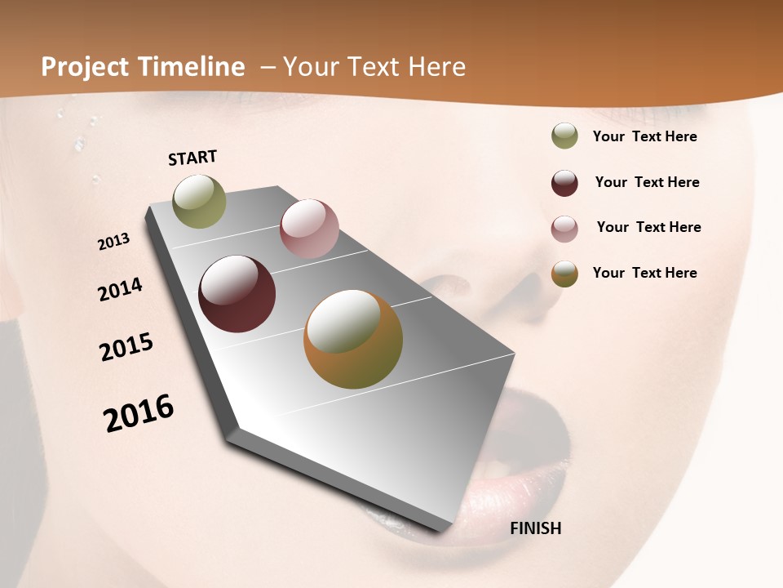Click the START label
tap(192, 158)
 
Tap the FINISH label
tap(535, 528)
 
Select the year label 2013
tap(114, 242)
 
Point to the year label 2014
tap(120, 289)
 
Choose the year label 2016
tap(139, 412)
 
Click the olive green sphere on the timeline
tap(200, 202)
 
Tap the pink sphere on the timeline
tap(309, 229)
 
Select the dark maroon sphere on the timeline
tap(237, 294)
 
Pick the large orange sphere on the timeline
tap(353, 339)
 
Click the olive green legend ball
tap(564, 136)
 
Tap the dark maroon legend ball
tap(564, 183)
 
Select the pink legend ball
tap(564, 229)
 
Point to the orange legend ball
tap(564, 274)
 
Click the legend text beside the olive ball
tap(644, 136)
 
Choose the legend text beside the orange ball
tap(644, 273)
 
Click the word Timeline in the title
tap(192, 67)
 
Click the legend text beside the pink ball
tap(648, 227)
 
